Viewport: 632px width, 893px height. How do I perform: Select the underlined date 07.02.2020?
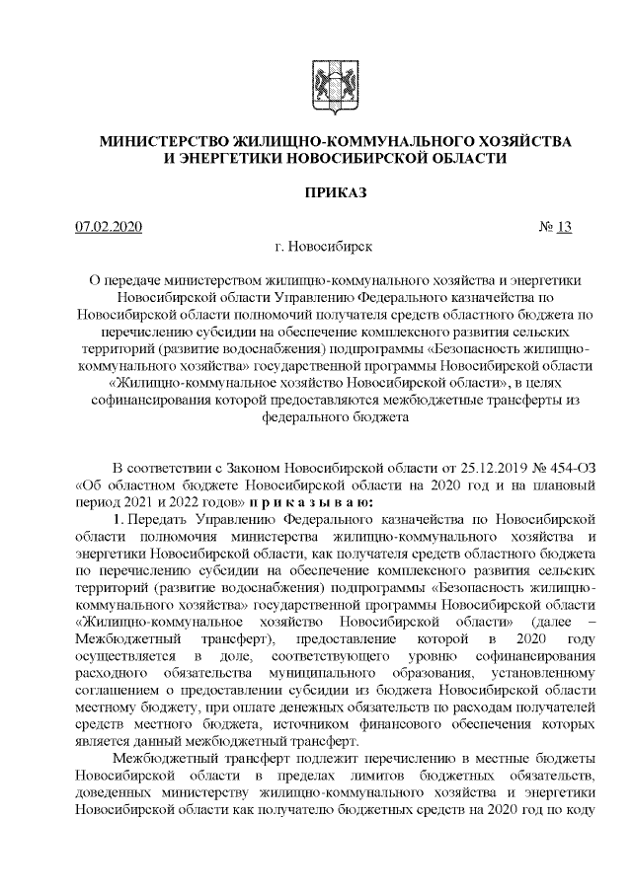tap(110, 228)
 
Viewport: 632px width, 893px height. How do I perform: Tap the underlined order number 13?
tap(564, 228)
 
